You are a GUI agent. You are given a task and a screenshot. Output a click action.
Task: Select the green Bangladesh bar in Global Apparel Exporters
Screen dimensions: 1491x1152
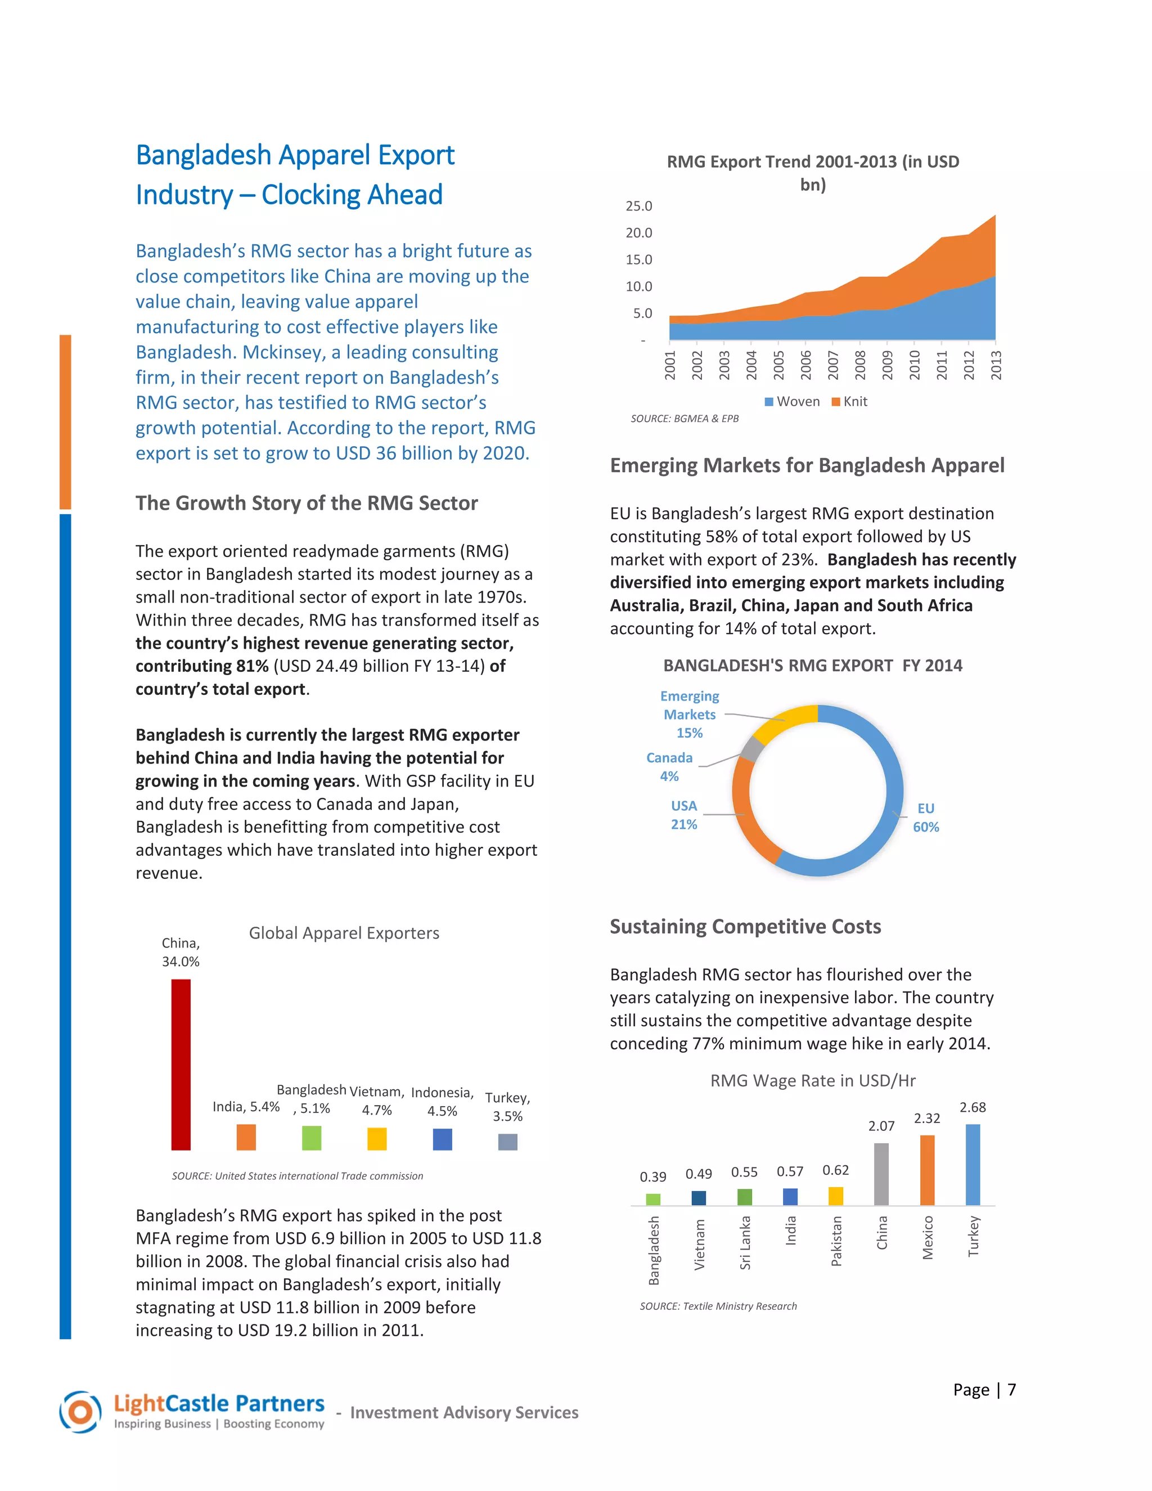point(311,1138)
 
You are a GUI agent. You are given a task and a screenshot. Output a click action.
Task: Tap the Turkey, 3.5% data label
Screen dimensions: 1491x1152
point(508,1107)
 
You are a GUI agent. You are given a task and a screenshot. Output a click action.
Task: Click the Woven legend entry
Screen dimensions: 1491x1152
point(793,401)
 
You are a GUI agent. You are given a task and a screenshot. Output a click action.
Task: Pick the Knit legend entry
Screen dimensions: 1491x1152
point(850,401)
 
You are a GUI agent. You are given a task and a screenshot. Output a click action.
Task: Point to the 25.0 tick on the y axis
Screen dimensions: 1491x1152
point(639,206)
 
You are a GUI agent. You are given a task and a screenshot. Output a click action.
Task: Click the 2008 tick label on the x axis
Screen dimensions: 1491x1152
point(860,365)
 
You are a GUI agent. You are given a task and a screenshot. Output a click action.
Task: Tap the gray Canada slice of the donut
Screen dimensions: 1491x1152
point(751,749)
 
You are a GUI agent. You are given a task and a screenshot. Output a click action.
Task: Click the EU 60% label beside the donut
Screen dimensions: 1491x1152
point(925,817)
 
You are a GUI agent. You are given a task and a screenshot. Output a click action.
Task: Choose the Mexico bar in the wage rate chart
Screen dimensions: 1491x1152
point(927,1170)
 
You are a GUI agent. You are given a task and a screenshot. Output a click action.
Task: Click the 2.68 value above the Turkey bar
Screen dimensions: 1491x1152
point(973,1107)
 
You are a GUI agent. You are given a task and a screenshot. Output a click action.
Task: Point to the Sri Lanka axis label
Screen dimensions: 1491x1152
point(745,1242)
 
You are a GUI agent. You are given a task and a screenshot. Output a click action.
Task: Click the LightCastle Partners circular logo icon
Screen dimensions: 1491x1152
point(80,1412)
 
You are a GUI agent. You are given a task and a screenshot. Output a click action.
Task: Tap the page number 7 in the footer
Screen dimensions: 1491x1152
point(1011,1390)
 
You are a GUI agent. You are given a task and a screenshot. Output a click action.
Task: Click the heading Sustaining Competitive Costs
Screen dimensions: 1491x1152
point(745,927)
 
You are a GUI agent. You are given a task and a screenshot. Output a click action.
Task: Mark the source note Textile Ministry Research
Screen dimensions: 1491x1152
point(718,1306)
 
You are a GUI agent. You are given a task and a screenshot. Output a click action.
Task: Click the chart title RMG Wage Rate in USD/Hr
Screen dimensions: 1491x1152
point(812,1081)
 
